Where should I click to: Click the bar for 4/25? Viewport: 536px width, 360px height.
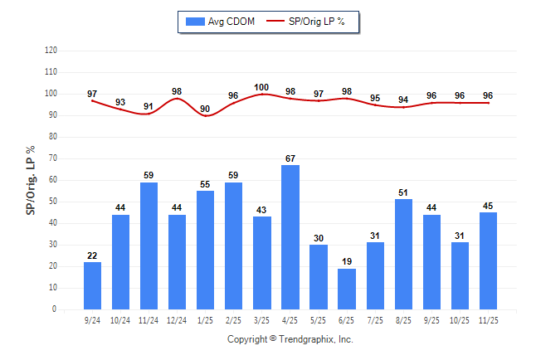click(290, 237)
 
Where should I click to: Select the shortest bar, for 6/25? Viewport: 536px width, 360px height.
click(347, 289)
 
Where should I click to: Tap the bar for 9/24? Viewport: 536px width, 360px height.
click(92, 285)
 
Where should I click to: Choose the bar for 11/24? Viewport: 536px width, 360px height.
click(149, 246)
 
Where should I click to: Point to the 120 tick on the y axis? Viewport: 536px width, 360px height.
click(51, 50)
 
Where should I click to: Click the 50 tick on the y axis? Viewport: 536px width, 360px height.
click(53, 202)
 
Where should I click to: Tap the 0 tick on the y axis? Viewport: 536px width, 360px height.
click(55, 309)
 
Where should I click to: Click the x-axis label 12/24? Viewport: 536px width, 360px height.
click(177, 320)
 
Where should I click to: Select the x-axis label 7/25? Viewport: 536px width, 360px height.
click(375, 320)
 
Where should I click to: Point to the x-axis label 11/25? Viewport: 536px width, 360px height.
click(488, 320)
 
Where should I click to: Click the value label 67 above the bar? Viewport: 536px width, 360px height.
click(290, 158)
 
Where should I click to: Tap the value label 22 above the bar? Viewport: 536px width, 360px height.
click(92, 255)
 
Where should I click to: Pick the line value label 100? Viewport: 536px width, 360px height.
click(262, 87)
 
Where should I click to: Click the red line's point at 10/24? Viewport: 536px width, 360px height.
click(120, 109)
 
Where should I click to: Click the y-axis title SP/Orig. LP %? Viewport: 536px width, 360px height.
click(31, 179)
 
